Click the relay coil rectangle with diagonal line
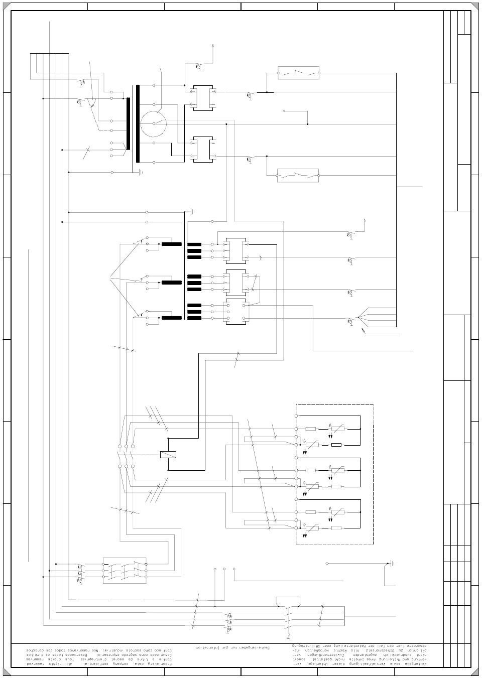tap(168, 455)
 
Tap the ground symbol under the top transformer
tap(141, 172)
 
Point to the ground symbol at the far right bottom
tap(392, 564)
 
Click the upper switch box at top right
tap(299, 73)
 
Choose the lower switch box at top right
tap(298, 176)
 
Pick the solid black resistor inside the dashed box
tap(336, 445)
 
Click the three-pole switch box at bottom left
tap(125, 570)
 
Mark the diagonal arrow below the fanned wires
tap(363, 331)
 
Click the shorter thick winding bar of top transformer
tap(128, 123)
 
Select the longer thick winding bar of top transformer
tap(137, 123)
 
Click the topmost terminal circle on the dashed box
tap(296, 416)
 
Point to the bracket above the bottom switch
tap(289, 599)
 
